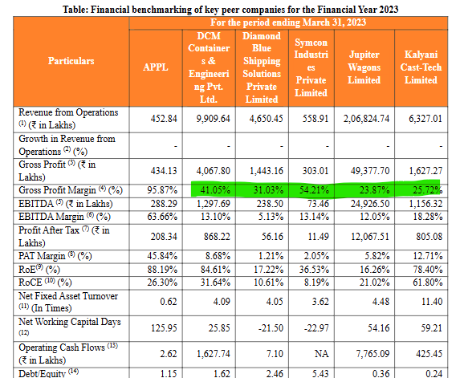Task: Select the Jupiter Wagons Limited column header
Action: coord(364,67)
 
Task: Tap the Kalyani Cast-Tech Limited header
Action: coord(421,67)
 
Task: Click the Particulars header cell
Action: coord(71,61)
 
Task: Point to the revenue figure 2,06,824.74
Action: coord(363,118)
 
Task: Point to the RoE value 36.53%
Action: coord(311,269)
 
